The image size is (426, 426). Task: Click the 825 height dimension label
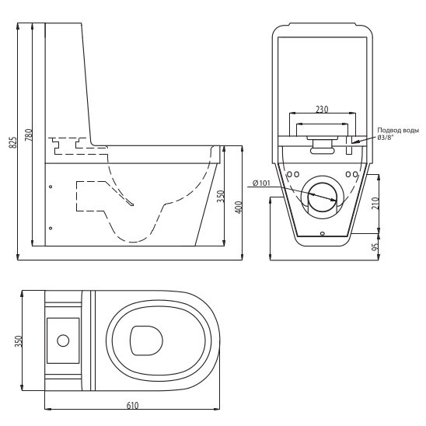coord(12,142)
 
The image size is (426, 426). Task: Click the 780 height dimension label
coord(28,134)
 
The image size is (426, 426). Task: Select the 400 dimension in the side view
coord(239,208)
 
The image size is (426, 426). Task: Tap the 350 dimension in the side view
coord(222,196)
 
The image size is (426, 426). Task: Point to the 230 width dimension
coord(322,109)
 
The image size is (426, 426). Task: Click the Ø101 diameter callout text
coord(261,183)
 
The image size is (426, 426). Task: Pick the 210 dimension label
coord(375,203)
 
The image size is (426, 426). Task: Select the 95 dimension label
coord(375,247)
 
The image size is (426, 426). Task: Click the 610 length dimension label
coord(132,406)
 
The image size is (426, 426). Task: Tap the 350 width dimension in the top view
coord(18,341)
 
